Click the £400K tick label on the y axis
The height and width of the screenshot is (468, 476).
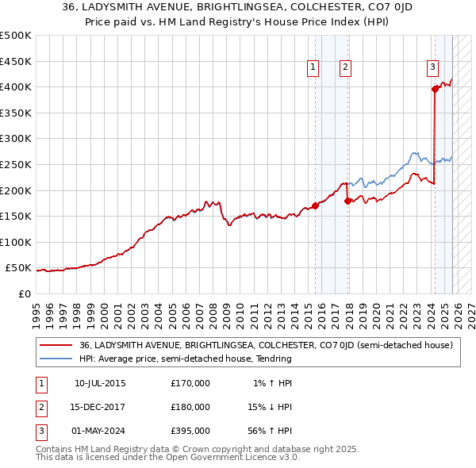(16, 86)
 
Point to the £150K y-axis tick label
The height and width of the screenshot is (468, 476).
(16, 216)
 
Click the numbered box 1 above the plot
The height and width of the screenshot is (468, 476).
(313, 68)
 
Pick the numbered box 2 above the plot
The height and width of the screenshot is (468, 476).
(346, 68)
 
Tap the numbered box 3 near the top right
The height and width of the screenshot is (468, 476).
(433, 68)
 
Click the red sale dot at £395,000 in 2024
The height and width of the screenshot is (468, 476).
(435, 90)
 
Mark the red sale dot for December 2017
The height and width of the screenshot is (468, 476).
(347, 201)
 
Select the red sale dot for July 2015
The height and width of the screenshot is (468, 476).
(315, 205)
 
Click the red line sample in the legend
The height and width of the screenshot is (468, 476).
(56, 346)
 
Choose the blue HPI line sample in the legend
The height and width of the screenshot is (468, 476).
(56, 359)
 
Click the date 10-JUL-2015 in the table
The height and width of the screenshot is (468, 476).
(100, 383)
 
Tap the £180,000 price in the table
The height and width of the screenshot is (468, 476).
(190, 407)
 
